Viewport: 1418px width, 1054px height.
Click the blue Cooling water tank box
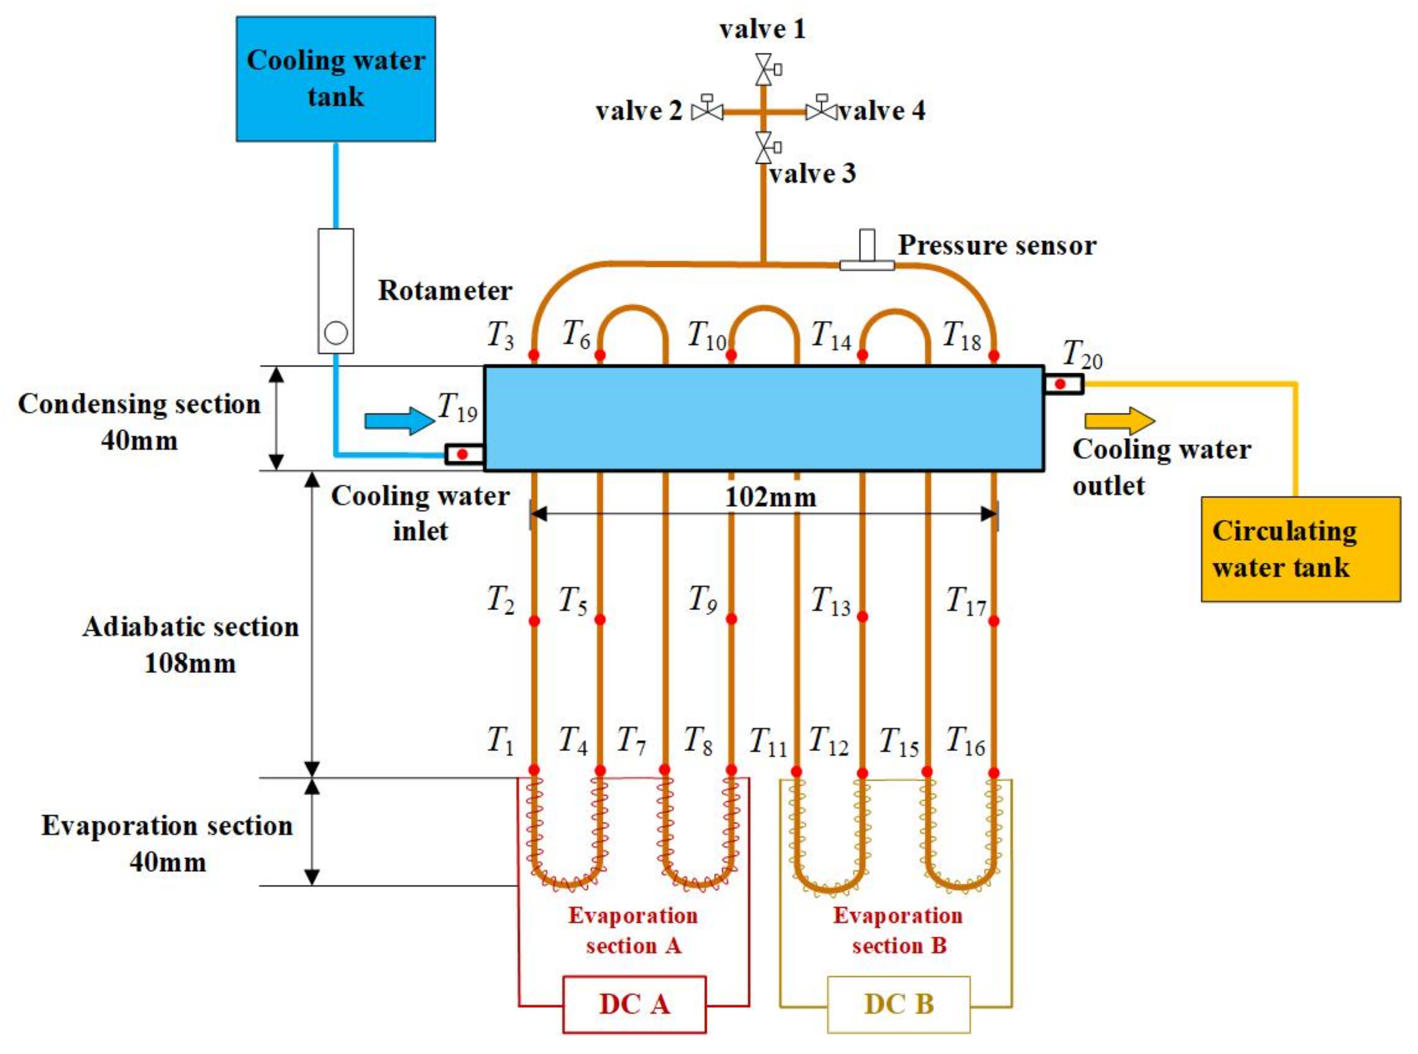(335, 78)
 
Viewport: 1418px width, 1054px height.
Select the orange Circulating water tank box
(1300, 549)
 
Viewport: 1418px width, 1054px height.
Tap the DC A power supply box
(634, 1004)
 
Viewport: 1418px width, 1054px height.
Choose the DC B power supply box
(898, 1004)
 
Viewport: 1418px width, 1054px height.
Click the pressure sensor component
(867, 253)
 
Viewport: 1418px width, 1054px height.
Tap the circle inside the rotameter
(335, 332)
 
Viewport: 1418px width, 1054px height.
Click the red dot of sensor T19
(463, 454)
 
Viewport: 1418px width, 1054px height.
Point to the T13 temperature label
(830, 601)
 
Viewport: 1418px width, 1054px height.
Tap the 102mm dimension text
(771, 497)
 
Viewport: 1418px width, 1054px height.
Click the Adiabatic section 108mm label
(190, 644)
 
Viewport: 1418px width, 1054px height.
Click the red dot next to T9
(731, 619)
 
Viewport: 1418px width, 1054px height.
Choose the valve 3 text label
(812, 174)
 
